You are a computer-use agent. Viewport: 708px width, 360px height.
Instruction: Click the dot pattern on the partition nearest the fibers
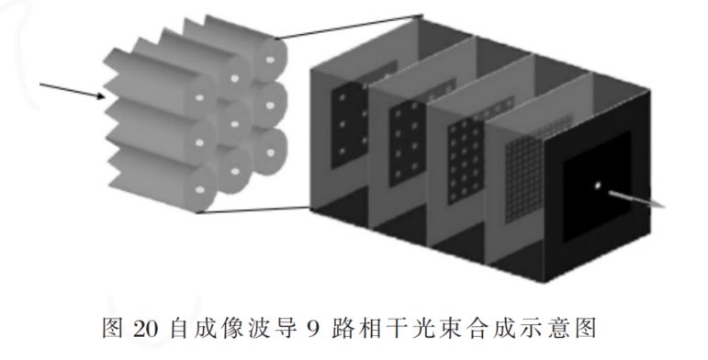pos(347,119)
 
